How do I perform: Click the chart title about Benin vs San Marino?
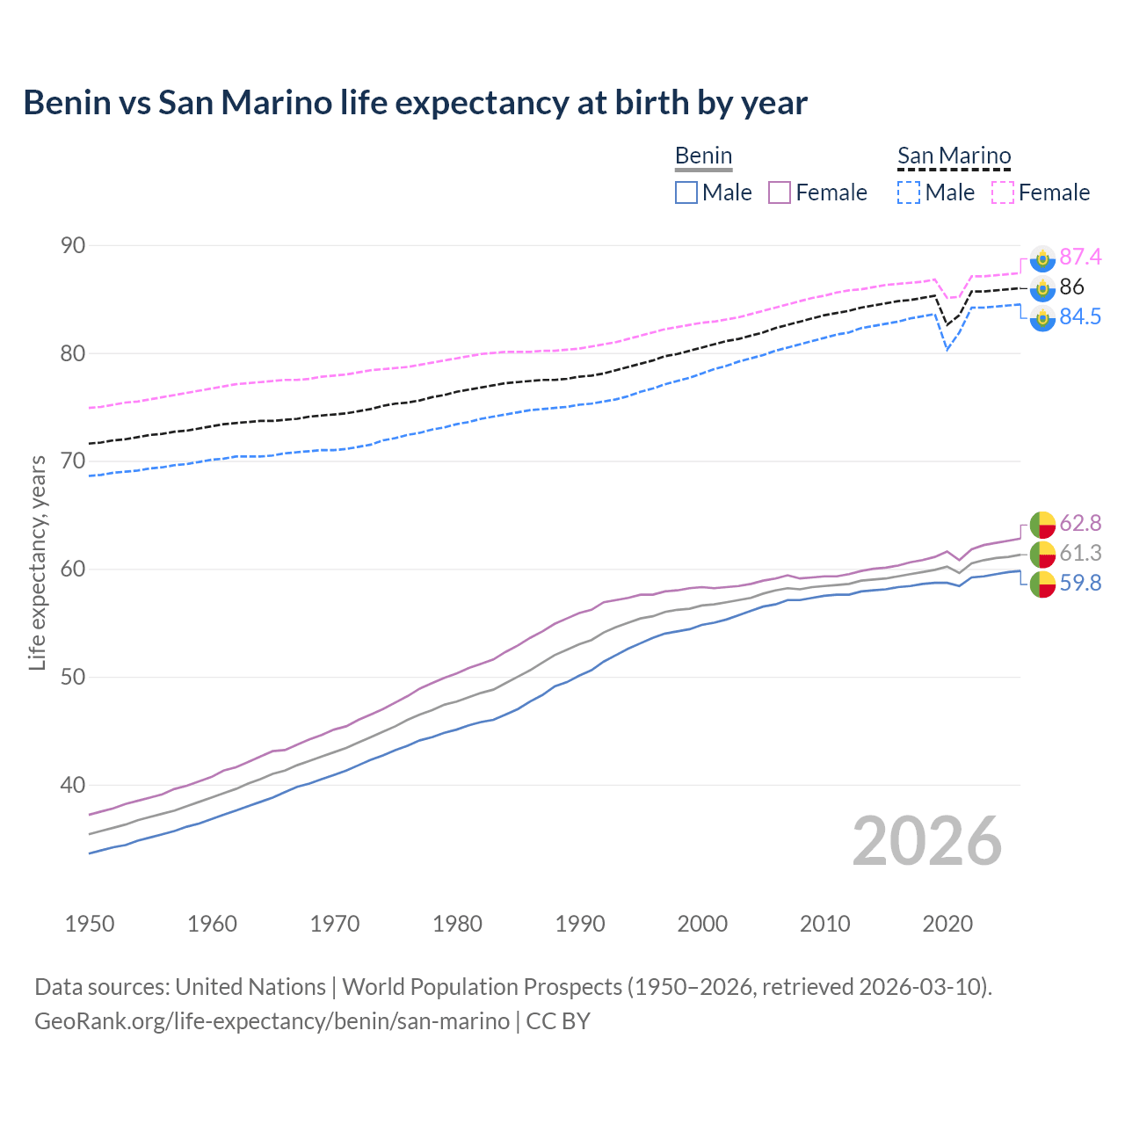click(415, 103)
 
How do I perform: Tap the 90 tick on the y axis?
click(73, 246)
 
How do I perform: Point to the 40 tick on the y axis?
click(73, 785)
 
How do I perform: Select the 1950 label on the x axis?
click(90, 924)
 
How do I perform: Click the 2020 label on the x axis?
click(947, 924)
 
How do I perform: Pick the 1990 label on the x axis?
click(580, 924)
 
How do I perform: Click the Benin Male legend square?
click(686, 192)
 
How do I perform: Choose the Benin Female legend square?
click(780, 192)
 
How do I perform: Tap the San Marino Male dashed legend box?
click(909, 192)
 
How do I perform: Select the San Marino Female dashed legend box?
click(1003, 192)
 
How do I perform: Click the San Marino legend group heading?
click(954, 156)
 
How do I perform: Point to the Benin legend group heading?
click(703, 156)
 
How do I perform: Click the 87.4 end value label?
click(1080, 257)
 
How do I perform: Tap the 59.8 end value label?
click(1080, 584)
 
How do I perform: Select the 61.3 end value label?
click(1080, 553)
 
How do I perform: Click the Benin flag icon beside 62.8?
click(1042, 524)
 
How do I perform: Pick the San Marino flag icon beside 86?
click(1042, 287)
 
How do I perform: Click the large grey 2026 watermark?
click(927, 841)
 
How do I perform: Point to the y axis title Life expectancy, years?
click(38, 562)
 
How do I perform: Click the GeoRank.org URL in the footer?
click(272, 1021)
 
